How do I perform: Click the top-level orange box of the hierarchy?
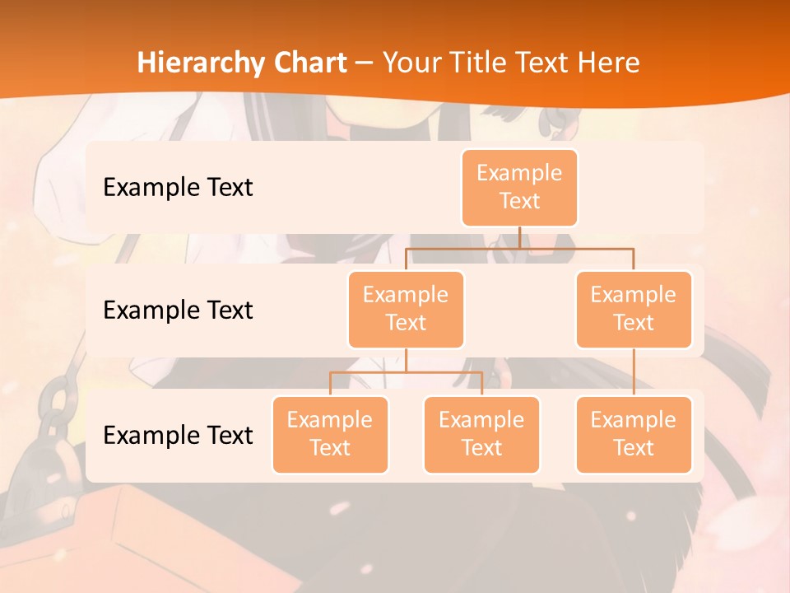[x=519, y=187]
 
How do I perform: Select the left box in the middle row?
[x=406, y=309]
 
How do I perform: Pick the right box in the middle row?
[x=634, y=309]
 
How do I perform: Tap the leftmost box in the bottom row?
[x=330, y=434]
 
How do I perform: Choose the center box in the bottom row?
[x=481, y=434]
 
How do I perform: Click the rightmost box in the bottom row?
[x=634, y=434]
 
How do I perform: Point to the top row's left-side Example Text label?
[x=178, y=187]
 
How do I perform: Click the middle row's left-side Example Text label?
[x=178, y=310]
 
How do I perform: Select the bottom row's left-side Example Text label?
[x=178, y=435]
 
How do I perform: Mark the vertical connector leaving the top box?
[x=519, y=237]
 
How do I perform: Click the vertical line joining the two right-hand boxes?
[x=634, y=372]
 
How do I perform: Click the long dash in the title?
[x=365, y=63]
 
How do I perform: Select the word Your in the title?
[x=408, y=63]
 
